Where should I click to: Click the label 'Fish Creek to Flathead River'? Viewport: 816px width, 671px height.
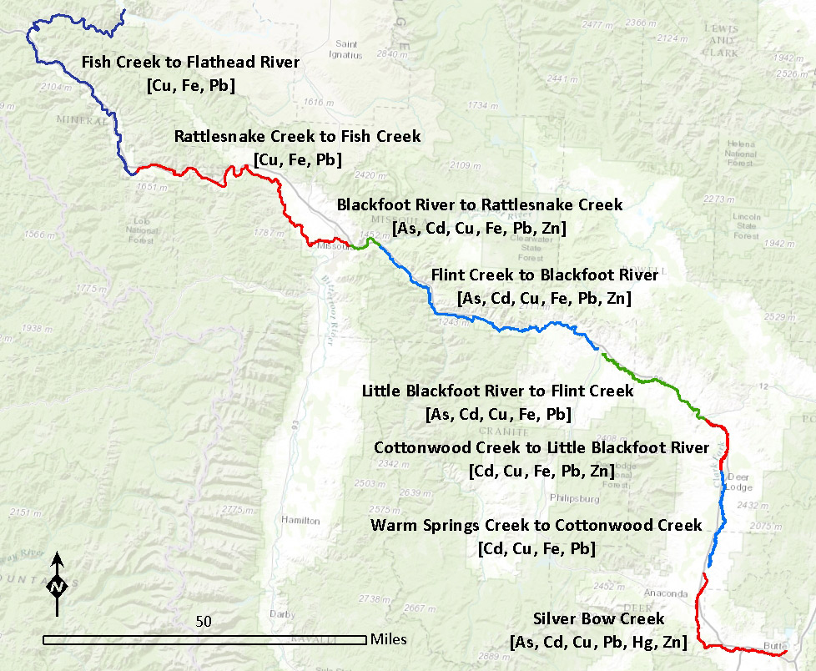pos(190,62)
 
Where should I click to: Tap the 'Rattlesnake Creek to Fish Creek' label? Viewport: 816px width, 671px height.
pos(297,136)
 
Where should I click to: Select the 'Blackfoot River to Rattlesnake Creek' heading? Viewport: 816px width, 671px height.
pos(479,204)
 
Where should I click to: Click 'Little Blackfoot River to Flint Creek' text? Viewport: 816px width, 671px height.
pos(497,391)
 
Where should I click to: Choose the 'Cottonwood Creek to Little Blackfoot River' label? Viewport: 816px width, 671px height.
pos(541,448)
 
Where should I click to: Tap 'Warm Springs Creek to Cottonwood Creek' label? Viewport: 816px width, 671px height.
pos(536,526)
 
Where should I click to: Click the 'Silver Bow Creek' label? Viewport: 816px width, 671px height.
pos(598,618)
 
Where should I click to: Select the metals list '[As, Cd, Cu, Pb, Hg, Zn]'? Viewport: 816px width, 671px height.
pos(598,642)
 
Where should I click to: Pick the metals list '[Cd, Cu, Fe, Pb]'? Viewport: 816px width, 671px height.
pos(536,549)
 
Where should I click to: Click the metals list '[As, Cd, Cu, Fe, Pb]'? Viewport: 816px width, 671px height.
pos(497,414)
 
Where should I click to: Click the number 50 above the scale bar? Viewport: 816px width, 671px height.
pos(204,622)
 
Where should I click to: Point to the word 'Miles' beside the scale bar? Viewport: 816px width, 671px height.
pos(388,640)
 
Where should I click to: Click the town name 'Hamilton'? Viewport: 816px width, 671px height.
pos(301,520)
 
